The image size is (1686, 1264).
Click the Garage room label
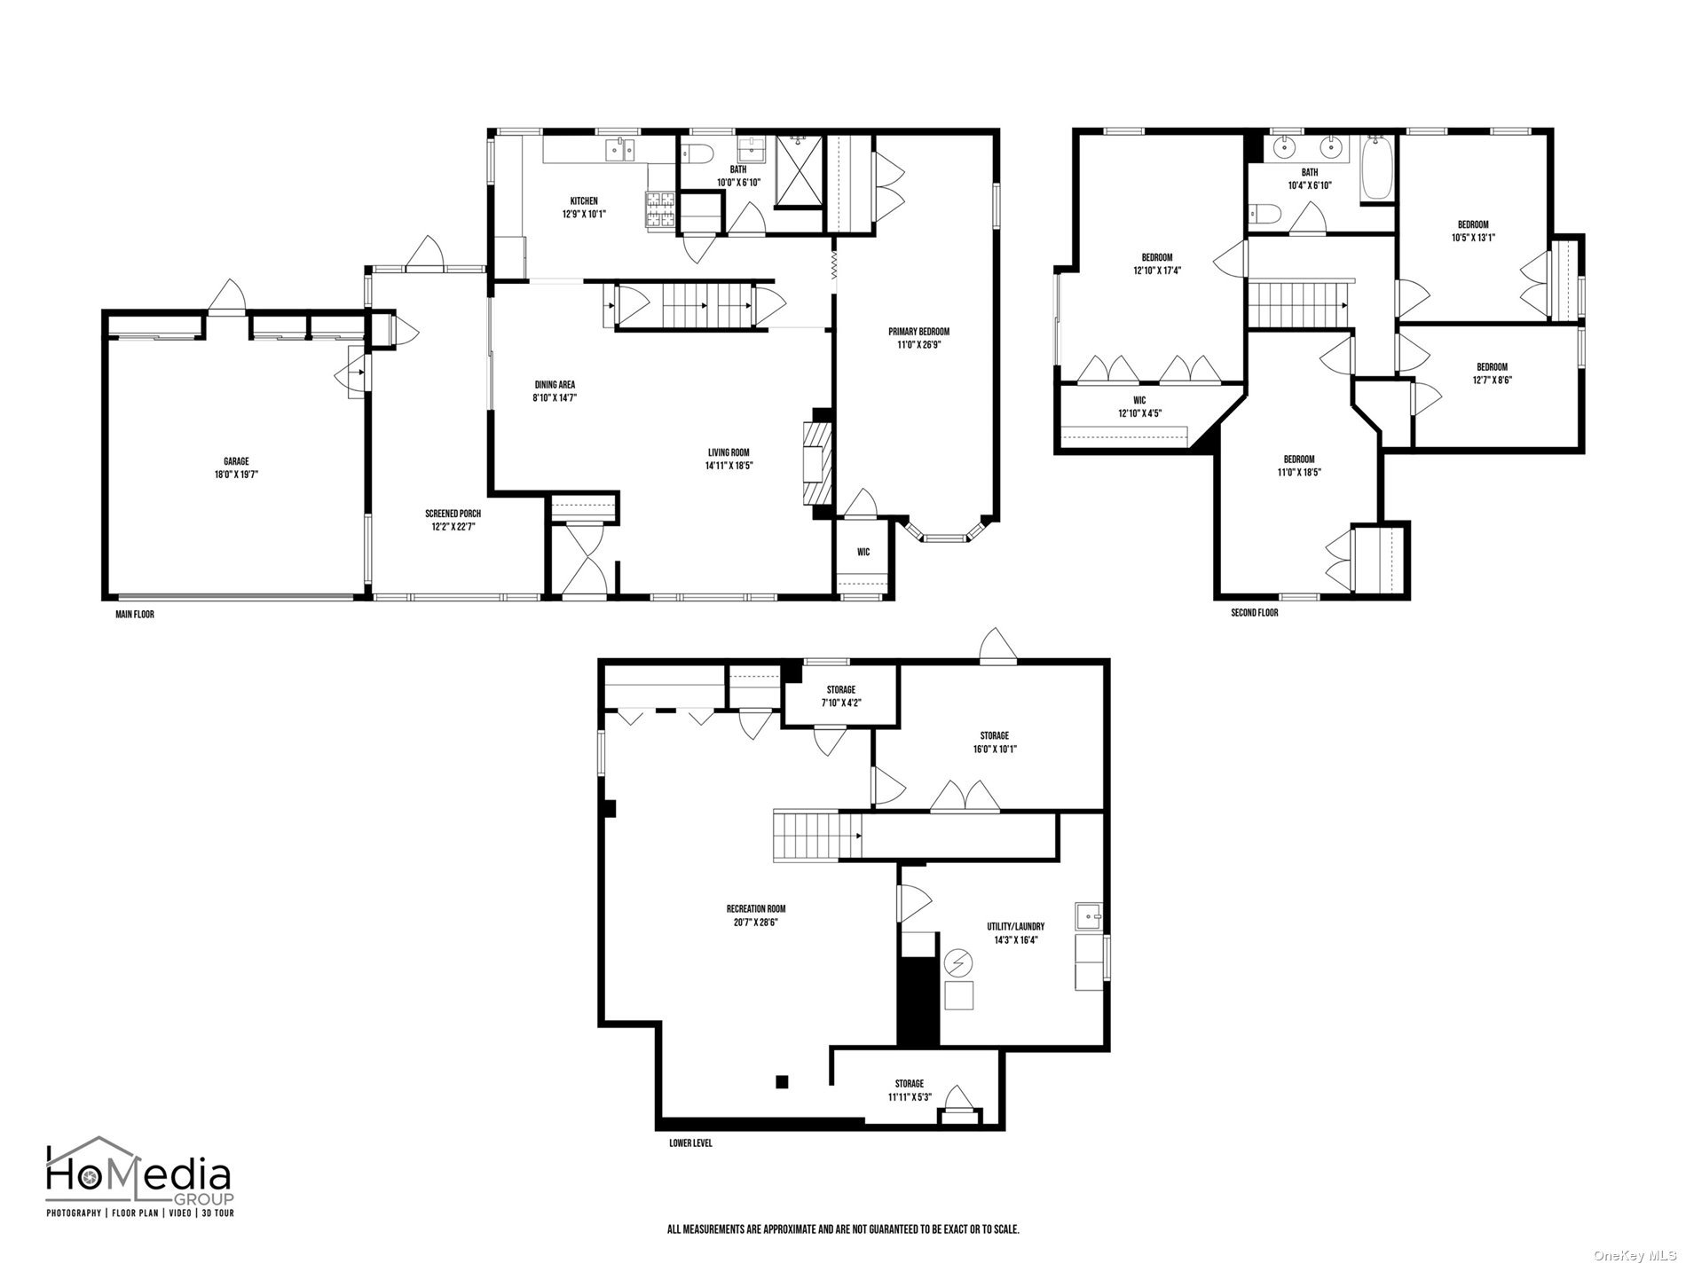coord(236,467)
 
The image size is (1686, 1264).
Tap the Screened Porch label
coord(453,520)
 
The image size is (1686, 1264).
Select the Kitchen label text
coord(584,207)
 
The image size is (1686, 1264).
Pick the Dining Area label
coord(555,391)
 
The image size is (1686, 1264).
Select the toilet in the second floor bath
coord(1261,213)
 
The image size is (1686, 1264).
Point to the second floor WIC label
coord(1139,406)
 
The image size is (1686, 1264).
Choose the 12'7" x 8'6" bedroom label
coord(1492,373)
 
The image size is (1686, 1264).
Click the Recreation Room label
coord(756,915)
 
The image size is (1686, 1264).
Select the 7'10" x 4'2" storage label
coord(840,696)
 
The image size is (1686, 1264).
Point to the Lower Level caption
coord(690,1143)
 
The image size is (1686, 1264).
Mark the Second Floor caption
coord(1254,613)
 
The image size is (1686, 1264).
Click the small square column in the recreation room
coord(782,1081)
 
